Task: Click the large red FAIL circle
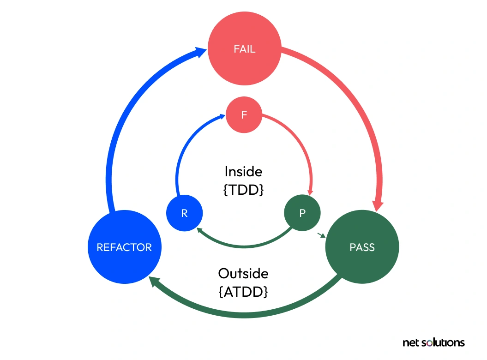pos(244,49)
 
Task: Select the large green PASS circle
pos(362,247)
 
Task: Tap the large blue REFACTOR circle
pos(125,247)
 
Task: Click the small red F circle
pos(244,114)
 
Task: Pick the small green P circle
pos(302,213)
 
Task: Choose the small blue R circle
pos(184,213)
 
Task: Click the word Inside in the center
pos(243,172)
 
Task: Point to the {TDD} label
pos(243,189)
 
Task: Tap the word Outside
pos(243,273)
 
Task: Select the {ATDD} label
pos(243,292)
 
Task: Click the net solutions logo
pos(433,342)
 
